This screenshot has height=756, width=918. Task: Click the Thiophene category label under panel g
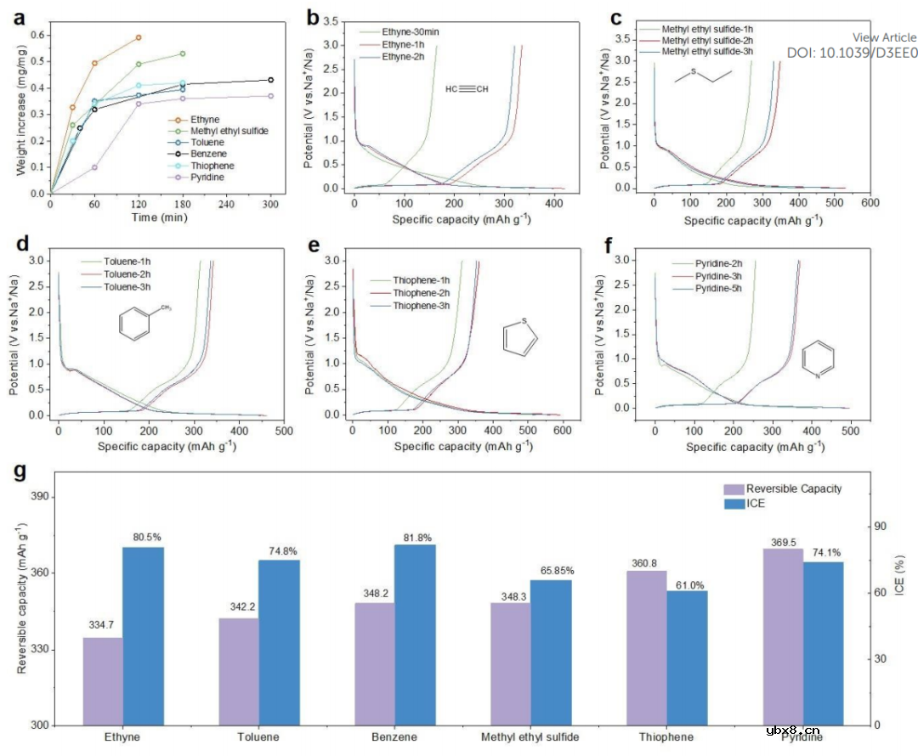point(666,737)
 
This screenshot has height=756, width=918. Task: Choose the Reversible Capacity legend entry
point(793,488)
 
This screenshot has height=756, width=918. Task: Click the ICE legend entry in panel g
point(756,504)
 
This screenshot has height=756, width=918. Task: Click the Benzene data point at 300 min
point(270,80)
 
